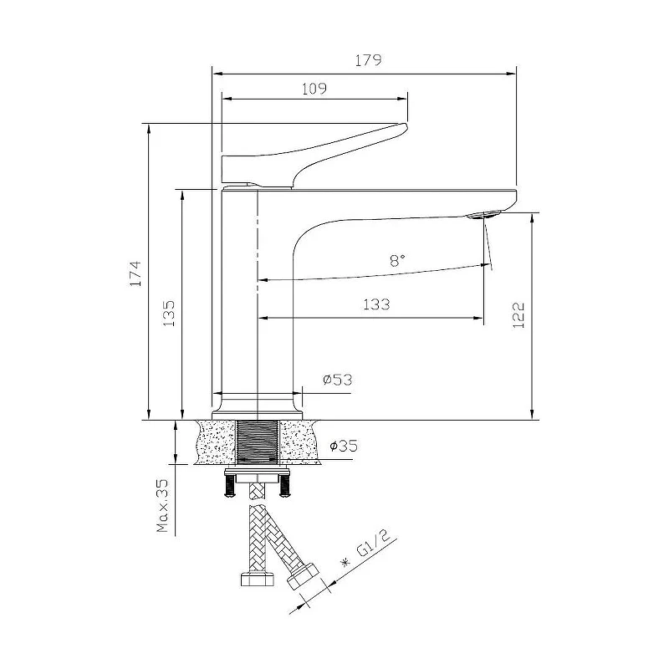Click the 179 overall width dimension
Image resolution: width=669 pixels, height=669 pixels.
click(368, 60)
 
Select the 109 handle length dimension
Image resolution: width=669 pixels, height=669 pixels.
click(314, 89)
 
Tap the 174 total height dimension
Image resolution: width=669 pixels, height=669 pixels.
click(135, 273)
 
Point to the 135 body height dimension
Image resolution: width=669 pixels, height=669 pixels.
click(170, 314)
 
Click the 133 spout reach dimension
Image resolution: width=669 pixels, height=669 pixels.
click(376, 304)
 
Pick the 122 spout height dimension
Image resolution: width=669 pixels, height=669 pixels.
click(518, 315)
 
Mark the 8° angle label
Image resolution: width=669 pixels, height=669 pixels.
click(397, 260)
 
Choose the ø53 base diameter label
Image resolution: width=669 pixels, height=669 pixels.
click(338, 380)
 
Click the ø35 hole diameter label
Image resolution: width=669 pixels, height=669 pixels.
click(344, 447)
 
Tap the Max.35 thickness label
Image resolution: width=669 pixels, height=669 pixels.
click(162, 506)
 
